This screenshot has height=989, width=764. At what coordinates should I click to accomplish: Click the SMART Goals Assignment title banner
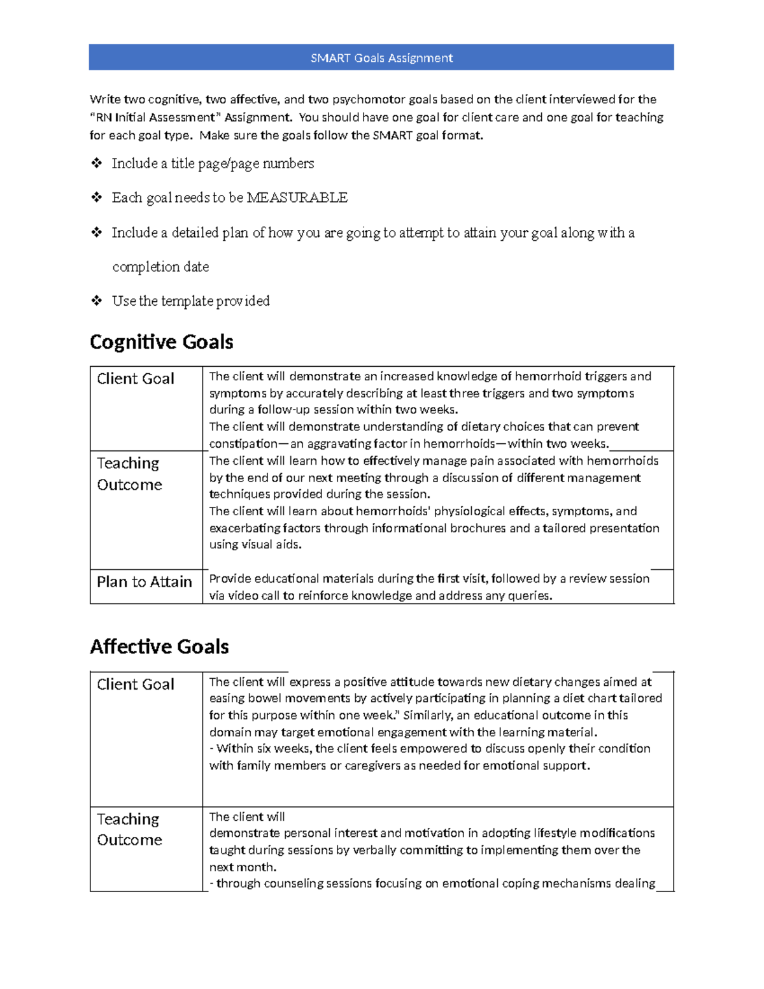[x=381, y=57]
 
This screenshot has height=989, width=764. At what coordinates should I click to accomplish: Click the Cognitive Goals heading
[x=161, y=342]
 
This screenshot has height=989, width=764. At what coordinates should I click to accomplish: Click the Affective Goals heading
[x=159, y=646]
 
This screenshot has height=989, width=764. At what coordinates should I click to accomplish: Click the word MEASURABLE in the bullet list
[x=297, y=197]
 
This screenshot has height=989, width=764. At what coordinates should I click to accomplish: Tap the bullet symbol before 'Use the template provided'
[x=96, y=300]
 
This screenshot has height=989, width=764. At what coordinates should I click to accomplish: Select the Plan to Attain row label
[x=145, y=581]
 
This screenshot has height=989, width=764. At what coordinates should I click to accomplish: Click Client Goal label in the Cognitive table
[x=135, y=379]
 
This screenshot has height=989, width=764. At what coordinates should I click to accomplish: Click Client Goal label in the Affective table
[x=135, y=684]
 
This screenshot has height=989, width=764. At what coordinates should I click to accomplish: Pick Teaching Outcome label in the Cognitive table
[x=129, y=474]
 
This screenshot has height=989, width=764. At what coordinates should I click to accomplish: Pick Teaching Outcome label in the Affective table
[x=129, y=829]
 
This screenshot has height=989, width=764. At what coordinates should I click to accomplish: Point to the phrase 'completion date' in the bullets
[x=160, y=266]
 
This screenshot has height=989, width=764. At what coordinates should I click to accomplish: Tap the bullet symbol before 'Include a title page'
[x=96, y=163]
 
